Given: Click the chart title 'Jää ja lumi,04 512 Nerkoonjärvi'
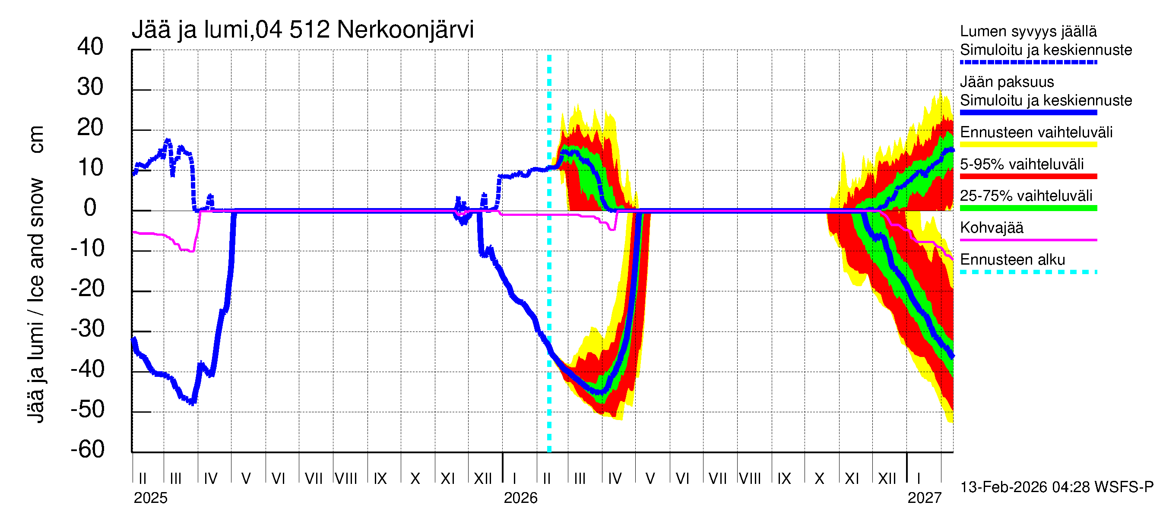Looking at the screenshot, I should tap(302, 30).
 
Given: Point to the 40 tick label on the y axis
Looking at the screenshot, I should tap(90, 47).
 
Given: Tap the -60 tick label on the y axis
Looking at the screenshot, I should tap(87, 449).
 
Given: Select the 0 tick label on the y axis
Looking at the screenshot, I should tap(90, 208).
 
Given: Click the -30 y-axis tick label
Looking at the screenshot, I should tap(87, 328).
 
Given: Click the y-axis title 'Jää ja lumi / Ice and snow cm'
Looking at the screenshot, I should tap(36, 274).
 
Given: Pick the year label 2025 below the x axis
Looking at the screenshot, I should tap(150, 498).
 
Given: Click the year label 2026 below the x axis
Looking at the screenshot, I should tap(520, 498).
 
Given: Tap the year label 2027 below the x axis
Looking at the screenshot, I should tap(924, 498).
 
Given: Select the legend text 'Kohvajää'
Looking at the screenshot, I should tap(991, 227).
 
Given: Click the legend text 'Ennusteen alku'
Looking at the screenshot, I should tap(1012, 260).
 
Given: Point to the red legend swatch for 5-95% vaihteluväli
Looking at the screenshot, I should tap(1028, 177).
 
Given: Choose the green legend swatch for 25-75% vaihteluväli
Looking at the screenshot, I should tap(1028, 208).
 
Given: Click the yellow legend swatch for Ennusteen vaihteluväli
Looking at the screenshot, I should tap(1028, 145).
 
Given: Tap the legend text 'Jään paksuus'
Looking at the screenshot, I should tap(1007, 82).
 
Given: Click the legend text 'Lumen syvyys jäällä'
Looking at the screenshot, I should tap(1028, 31).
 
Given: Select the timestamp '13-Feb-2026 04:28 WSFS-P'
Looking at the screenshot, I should tap(1056, 487).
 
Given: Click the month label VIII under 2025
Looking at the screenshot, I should tap(346, 478).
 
